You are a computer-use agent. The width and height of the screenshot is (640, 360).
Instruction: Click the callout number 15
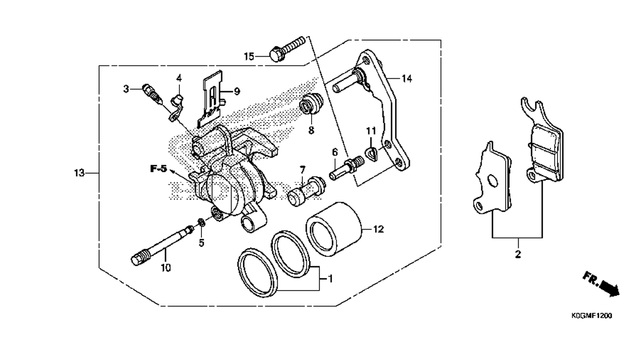click(x=249, y=57)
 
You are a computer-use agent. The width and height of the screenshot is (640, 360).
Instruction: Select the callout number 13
click(x=80, y=173)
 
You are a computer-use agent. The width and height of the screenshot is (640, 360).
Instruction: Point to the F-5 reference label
click(x=158, y=169)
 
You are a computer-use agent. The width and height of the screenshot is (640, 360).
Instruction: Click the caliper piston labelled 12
click(x=334, y=229)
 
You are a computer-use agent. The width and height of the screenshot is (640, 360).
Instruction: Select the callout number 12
click(x=379, y=229)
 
